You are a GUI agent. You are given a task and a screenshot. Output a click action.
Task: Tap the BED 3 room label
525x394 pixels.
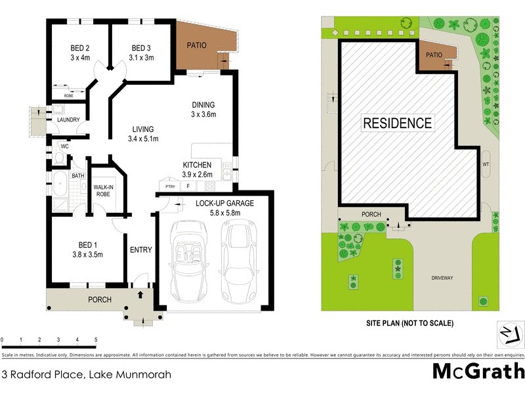(142, 48)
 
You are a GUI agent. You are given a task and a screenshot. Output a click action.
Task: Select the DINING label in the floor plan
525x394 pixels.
(203, 105)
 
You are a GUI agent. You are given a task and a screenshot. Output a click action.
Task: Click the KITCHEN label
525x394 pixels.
(197, 164)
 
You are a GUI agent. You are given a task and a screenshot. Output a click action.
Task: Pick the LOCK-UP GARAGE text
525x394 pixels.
(224, 203)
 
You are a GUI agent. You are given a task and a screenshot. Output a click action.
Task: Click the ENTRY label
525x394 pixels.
(141, 250)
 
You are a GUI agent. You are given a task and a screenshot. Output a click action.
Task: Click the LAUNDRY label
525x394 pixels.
(68, 120)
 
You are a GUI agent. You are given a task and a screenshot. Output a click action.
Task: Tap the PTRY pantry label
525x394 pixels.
(170, 186)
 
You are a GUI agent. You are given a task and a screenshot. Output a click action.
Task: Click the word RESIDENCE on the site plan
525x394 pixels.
(398, 123)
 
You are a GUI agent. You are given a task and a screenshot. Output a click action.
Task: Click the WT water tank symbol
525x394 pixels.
(486, 164)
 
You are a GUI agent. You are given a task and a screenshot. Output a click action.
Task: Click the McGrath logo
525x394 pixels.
(478, 372)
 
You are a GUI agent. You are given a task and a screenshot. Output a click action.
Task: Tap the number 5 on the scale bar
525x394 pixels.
(96, 339)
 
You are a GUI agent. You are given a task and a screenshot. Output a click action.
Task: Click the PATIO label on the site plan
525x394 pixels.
(434, 56)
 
